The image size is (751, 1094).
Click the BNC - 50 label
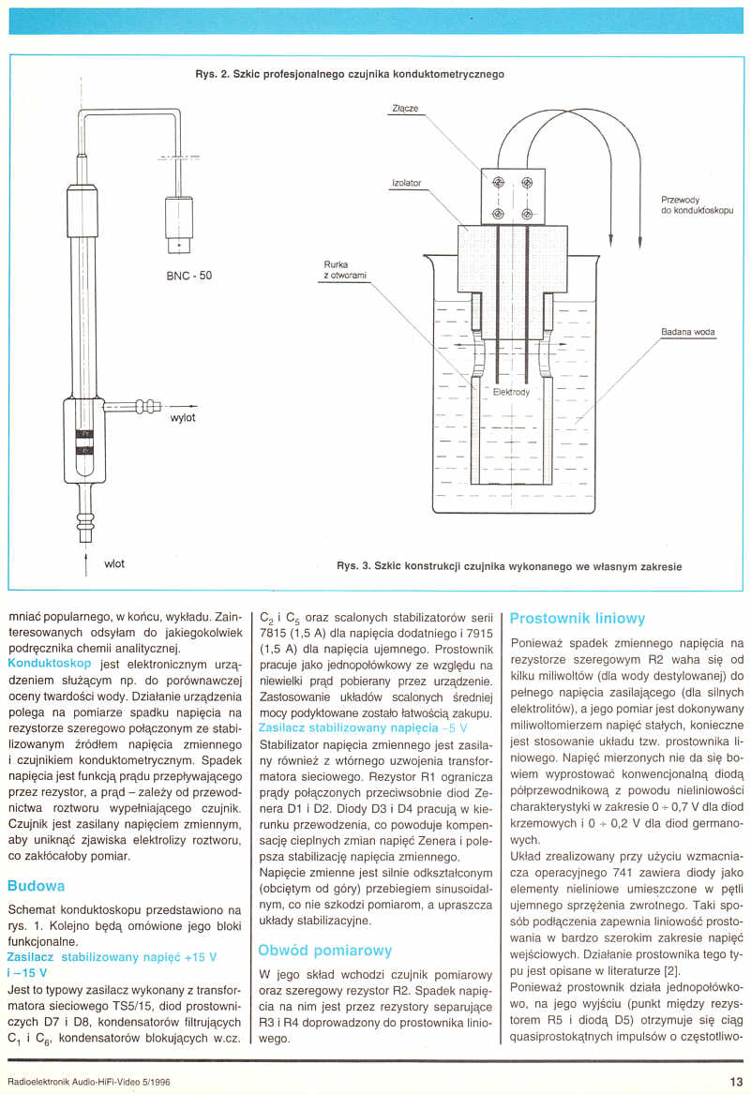[x=188, y=277]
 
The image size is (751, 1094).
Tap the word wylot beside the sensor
[x=183, y=418]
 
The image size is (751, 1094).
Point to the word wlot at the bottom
[x=114, y=563]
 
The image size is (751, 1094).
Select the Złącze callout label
[x=405, y=108]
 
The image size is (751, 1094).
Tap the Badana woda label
[x=687, y=331]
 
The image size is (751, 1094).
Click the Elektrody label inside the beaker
[x=511, y=392]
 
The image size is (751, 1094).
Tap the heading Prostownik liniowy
[x=578, y=619]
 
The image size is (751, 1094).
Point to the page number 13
[x=735, y=1080]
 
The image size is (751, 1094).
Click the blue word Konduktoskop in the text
[x=49, y=663]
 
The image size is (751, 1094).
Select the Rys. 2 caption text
[x=349, y=74]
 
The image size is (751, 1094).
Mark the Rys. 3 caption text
[x=508, y=566]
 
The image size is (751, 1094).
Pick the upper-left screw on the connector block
[x=499, y=182]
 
